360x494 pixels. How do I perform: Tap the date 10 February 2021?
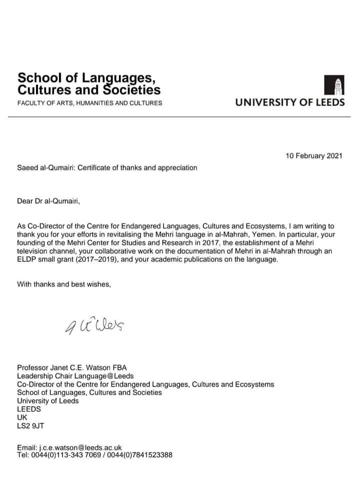[x=314, y=156]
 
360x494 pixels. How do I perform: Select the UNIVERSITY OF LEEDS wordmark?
[x=290, y=102]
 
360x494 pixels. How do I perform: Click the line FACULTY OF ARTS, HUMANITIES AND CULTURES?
[x=89, y=103]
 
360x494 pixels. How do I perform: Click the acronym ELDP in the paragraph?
[x=25, y=260]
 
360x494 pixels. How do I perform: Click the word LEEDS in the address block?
[x=29, y=409]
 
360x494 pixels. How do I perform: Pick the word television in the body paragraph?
[x=33, y=252]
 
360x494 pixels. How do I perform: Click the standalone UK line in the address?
[x=22, y=417]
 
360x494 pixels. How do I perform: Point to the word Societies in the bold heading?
[x=131, y=90]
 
